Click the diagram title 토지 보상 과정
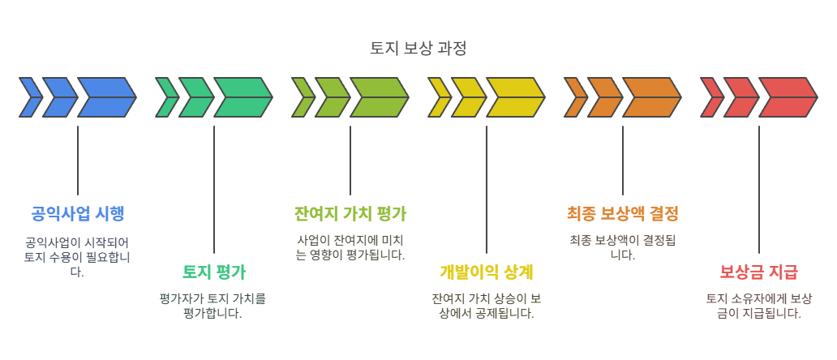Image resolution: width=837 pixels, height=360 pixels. click(418, 48)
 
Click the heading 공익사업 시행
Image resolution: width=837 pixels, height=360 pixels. click(78, 214)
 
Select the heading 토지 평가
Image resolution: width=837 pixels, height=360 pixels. click(214, 272)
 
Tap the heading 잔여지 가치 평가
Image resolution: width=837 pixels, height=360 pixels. click(350, 214)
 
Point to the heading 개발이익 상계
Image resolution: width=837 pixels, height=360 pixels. click(487, 272)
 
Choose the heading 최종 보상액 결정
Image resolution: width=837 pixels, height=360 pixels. click(623, 214)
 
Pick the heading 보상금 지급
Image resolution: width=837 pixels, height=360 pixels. click(759, 272)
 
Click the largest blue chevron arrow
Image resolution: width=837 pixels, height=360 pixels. click(105, 97)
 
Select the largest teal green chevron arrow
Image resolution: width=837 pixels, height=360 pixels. click(242, 97)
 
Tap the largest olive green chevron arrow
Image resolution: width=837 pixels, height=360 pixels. click(378, 97)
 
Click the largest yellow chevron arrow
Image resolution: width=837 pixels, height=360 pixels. click(514, 97)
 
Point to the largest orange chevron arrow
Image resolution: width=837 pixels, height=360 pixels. click(650, 97)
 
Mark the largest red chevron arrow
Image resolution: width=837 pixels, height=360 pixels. click(787, 97)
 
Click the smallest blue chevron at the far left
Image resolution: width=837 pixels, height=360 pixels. click(29, 97)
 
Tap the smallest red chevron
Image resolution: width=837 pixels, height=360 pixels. click(710, 97)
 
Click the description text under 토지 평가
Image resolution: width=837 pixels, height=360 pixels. click(214, 306)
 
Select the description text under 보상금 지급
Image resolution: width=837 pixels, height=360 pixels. click(759, 306)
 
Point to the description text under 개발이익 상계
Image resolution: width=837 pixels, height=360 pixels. click(487, 306)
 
